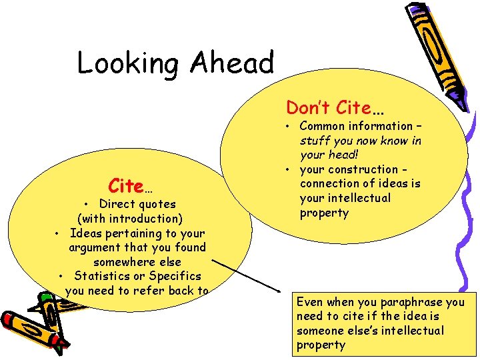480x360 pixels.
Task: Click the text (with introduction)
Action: pos(130,219)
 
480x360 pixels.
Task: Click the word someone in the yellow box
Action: pos(319,331)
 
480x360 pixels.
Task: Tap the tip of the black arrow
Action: pos(281,291)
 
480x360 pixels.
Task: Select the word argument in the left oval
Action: pos(94,247)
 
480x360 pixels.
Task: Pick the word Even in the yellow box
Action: pos(309,302)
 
